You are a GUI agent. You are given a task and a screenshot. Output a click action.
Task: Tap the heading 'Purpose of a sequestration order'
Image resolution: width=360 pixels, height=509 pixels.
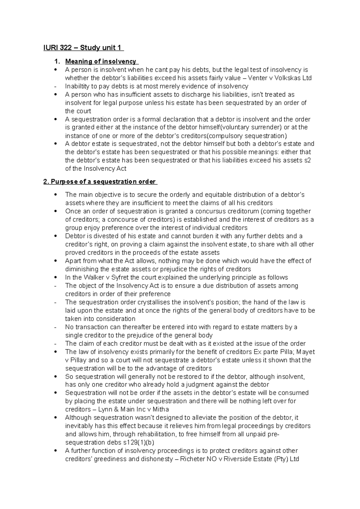100,182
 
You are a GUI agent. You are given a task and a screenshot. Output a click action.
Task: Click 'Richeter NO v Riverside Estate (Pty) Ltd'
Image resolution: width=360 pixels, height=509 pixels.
239,459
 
